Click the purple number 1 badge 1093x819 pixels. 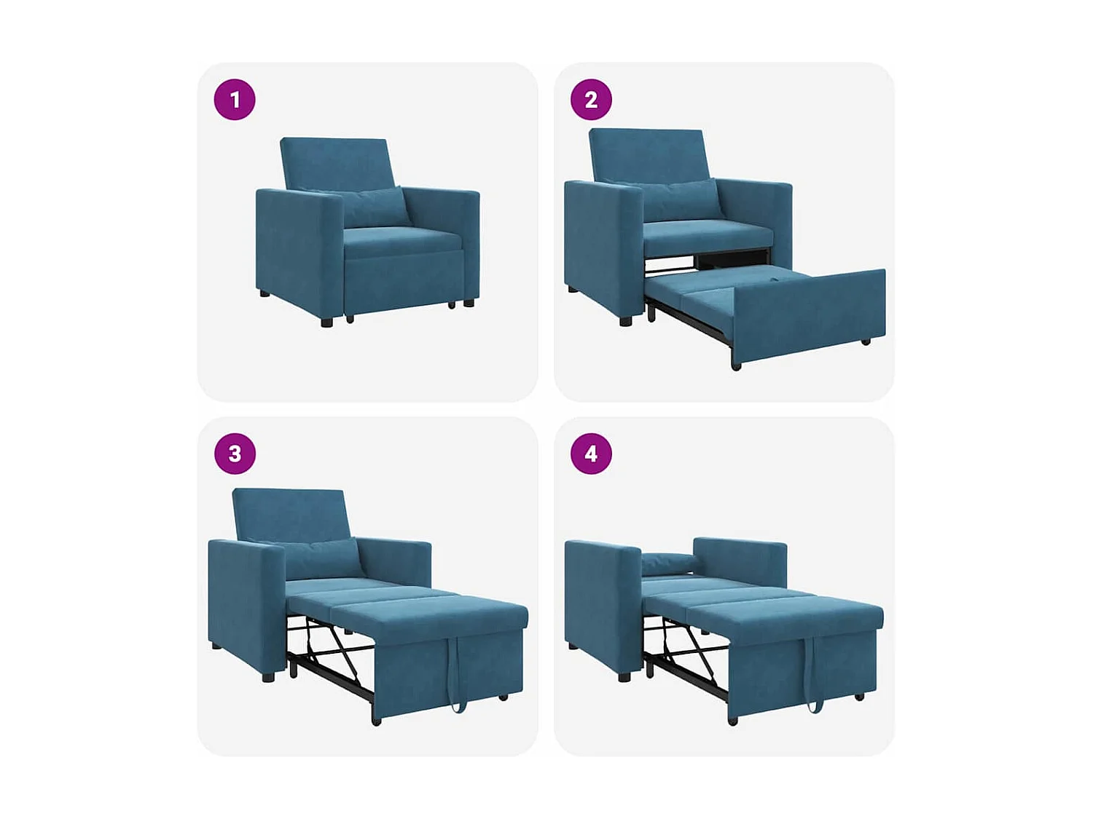click(235, 100)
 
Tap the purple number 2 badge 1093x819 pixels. click(591, 100)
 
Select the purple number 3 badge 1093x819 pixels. click(235, 454)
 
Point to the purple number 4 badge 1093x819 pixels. click(591, 454)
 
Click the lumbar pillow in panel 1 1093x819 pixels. click(373, 207)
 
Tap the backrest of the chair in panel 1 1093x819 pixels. click(335, 162)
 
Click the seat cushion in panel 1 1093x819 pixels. click(401, 240)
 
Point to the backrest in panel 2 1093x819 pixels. click(647, 153)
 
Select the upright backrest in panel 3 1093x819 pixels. click(290, 513)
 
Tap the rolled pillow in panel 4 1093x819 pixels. click(667, 562)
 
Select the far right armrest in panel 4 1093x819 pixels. click(740, 561)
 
